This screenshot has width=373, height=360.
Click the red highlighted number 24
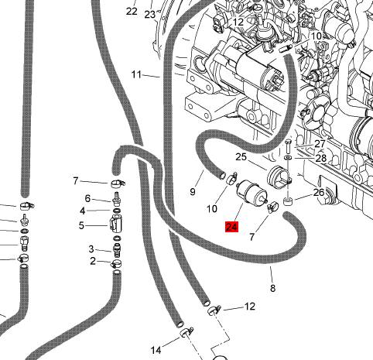click(x=231, y=227)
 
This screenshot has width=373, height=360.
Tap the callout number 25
click(x=241, y=157)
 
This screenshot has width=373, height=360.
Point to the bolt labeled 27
click(x=288, y=146)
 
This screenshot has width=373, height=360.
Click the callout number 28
click(x=321, y=158)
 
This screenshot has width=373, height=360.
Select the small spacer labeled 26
click(x=288, y=201)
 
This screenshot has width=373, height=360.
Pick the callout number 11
click(x=136, y=75)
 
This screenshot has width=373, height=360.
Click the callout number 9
click(x=193, y=192)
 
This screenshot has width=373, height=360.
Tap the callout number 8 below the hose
click(x=272, y=288)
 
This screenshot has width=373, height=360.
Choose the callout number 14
click(x=156, y=350)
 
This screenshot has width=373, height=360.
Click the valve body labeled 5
click(x=115, y=224)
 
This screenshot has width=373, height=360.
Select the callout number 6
click(x=87, y=198)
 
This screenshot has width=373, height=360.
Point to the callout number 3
click(x=91, y=249)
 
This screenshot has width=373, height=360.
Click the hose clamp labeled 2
click(x=117, y=263)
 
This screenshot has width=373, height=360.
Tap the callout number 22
click(x=132, y=11)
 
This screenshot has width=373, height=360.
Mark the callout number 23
click(x=149, y=15)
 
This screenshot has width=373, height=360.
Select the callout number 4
click(x=82, y=211)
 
